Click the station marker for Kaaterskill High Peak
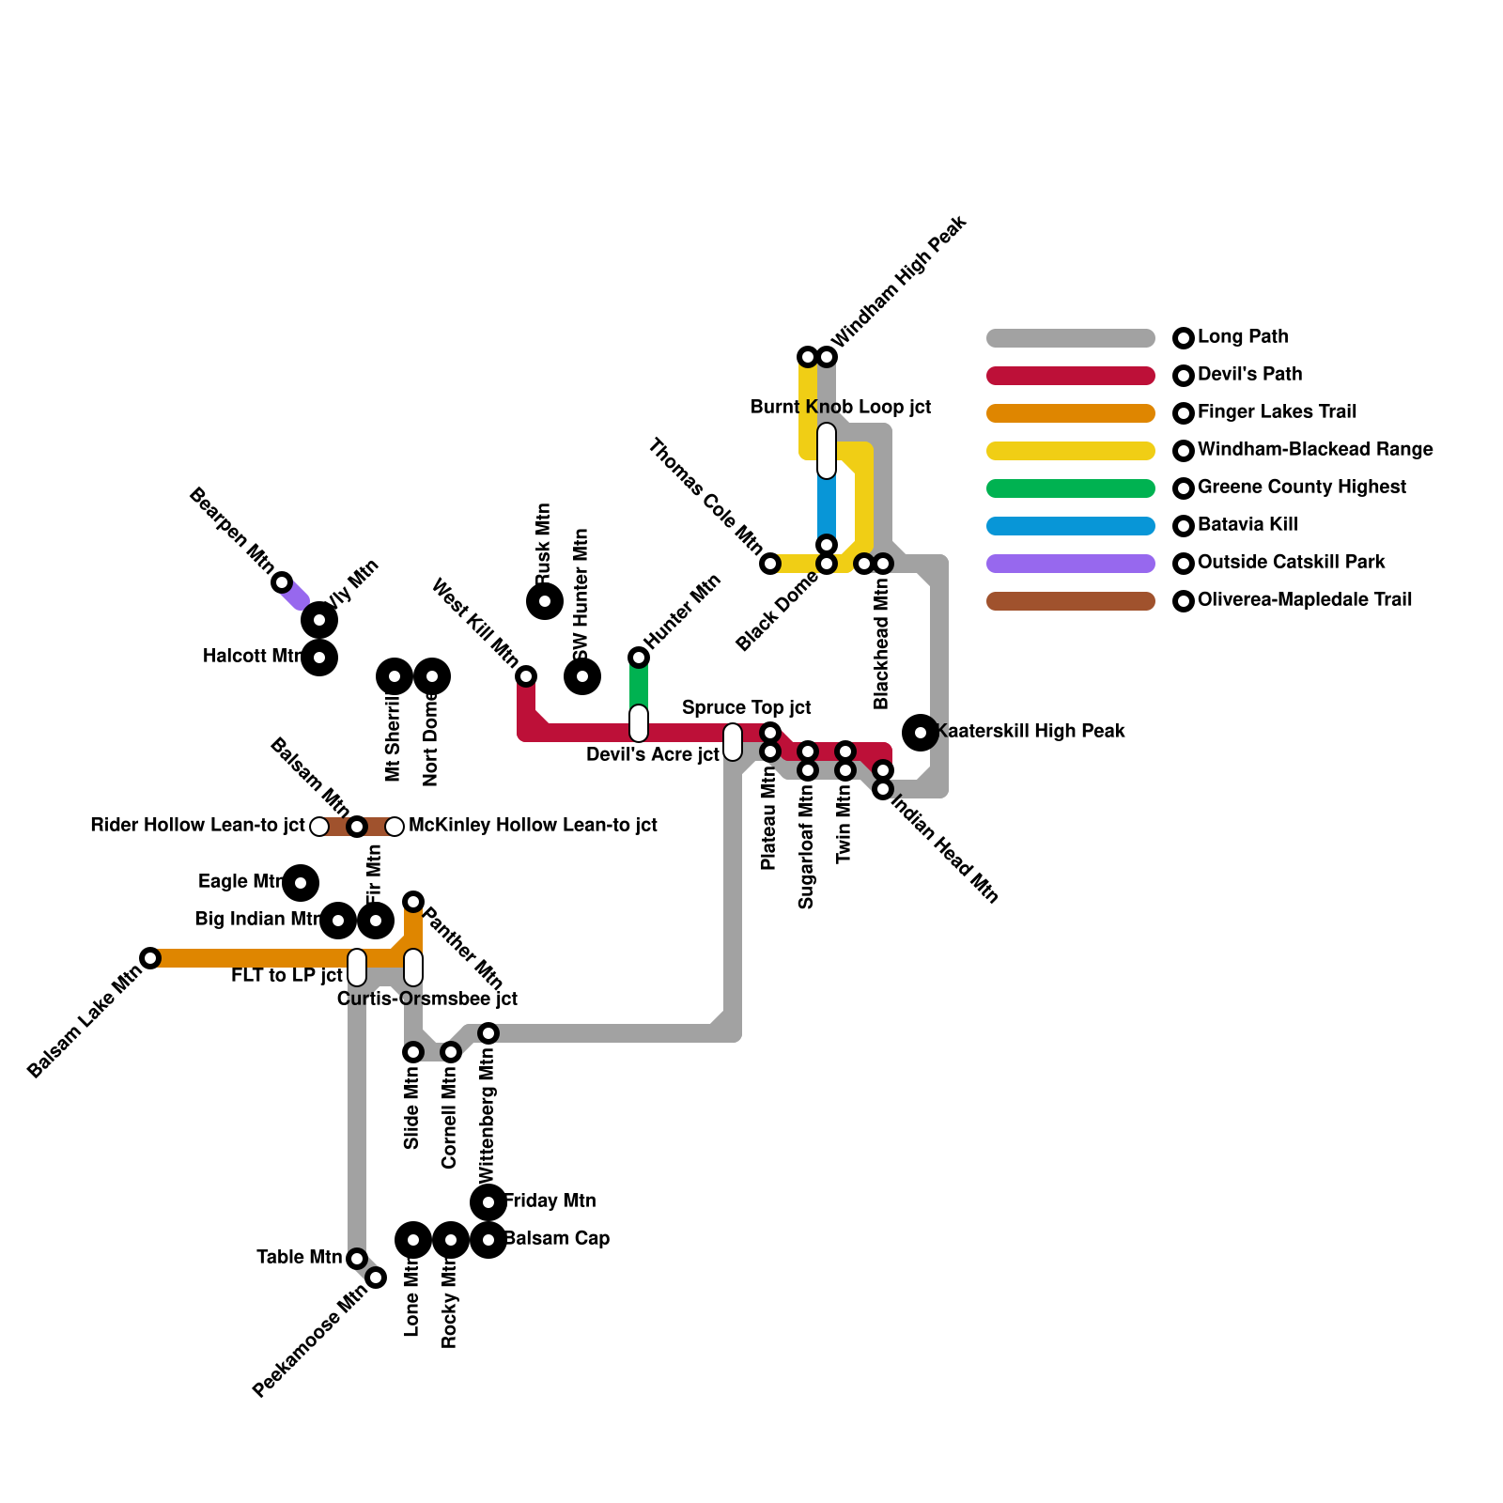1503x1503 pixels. point(921,732)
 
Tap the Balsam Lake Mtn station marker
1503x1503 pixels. point(150,958)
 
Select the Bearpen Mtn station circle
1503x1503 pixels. point(282,582)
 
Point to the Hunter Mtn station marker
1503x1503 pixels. point(639,657)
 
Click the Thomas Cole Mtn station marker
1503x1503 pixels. point(770,564)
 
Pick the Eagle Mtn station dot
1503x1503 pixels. point(301,883)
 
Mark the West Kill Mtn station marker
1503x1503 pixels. point(526,676)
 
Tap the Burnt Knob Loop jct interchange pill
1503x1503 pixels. point(827,451)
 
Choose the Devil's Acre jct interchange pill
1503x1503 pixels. point(639,723)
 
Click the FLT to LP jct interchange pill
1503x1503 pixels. point(357,968)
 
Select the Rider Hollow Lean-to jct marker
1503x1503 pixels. point(319,827)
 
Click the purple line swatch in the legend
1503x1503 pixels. point(1070,564)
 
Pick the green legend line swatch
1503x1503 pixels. point(1070,488)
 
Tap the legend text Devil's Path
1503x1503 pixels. point(1249,375)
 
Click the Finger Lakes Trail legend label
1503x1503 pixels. point(1277,412)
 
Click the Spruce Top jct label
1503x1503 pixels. point(747,708)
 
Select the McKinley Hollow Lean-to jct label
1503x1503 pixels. point(533,826)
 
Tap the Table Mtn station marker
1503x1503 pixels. point(357,1259)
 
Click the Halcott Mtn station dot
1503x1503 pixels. point(319,658)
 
